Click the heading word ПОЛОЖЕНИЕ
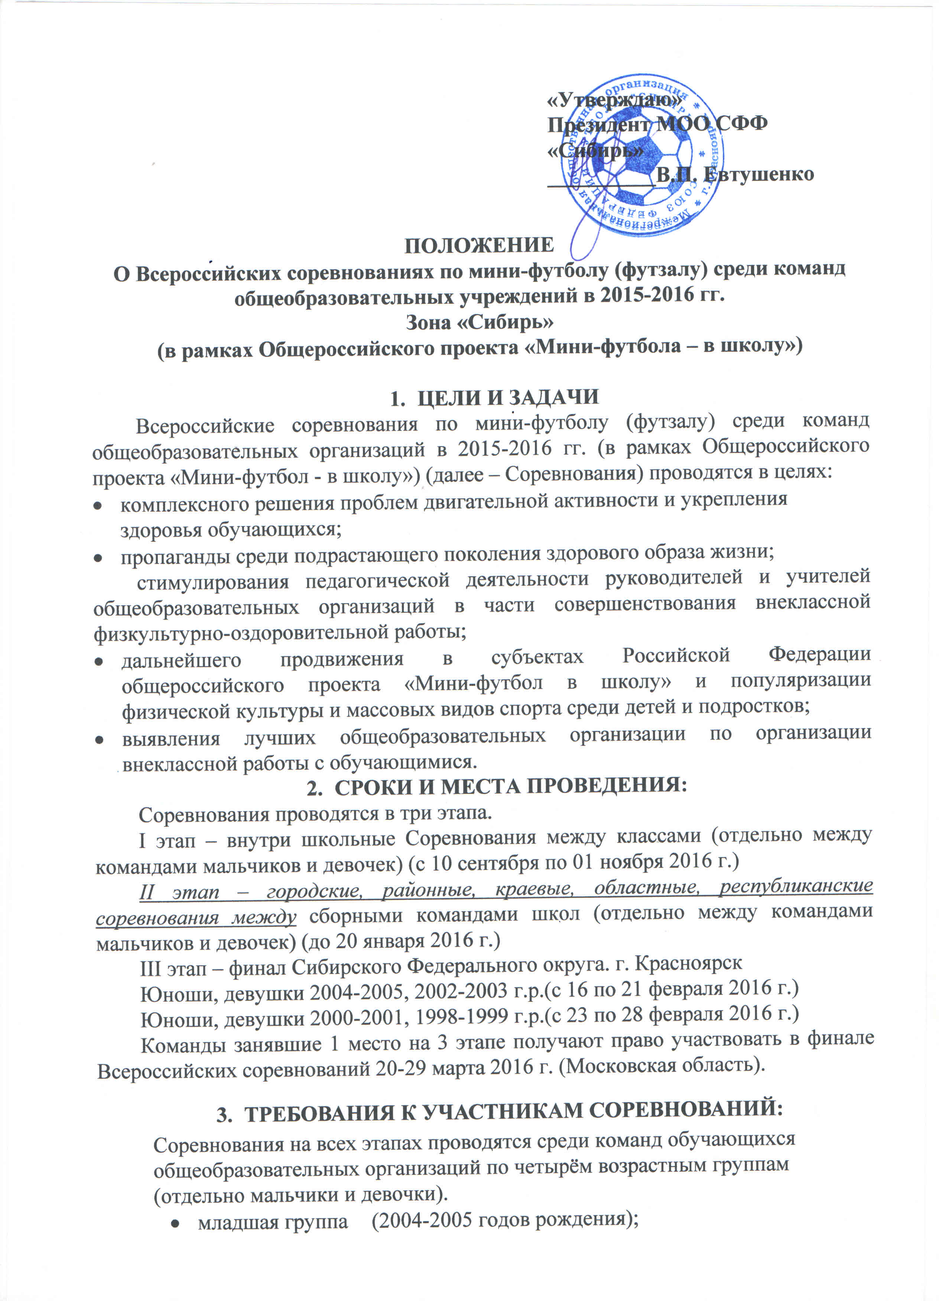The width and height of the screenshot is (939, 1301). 479,245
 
